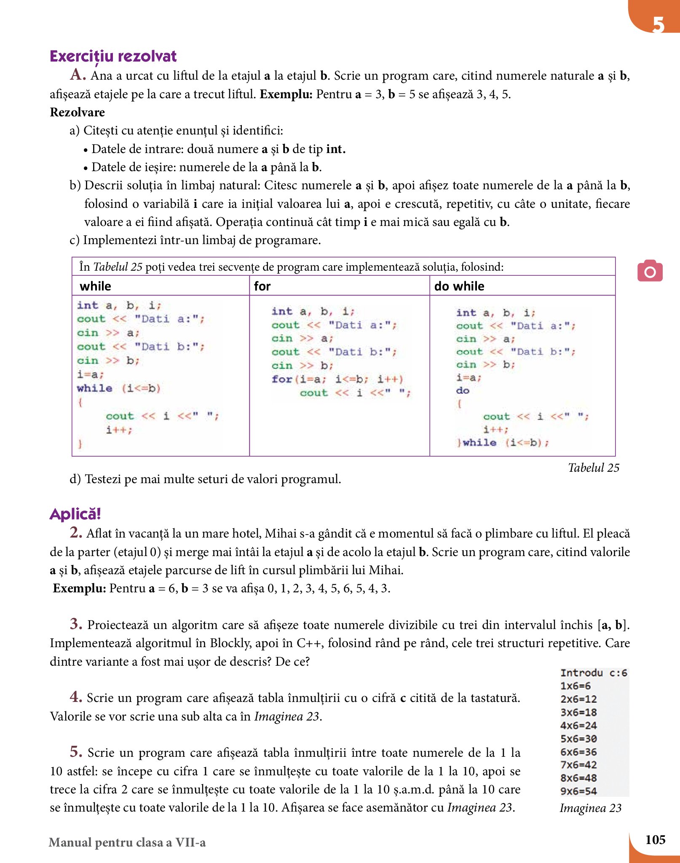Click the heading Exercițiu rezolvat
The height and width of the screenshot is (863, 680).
(x=113, y=56)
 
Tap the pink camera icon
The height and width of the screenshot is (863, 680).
(x=650, y=271)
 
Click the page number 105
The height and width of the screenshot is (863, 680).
(x=655, y=840)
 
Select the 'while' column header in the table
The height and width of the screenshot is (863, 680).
(x=96, y=286)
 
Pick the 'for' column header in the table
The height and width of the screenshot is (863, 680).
(x=262, y=286)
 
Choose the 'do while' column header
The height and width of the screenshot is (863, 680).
(x=459, y=286)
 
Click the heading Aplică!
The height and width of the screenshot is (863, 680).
(x=75, y=514)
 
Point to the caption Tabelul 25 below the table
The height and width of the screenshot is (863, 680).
(x=593, y=468)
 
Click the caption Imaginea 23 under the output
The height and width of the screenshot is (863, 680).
(x=590, y=808)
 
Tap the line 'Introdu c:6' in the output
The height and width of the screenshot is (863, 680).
(x=593, y=673)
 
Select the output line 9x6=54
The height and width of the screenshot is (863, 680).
(x=578, y=791)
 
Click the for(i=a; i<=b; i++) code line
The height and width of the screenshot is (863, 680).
(x=337, y=379)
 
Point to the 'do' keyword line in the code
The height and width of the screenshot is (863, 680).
(x=463, y=391)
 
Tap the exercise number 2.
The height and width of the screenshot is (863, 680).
(x=76, y=533)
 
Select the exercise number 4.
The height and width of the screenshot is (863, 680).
(x=76, y=697)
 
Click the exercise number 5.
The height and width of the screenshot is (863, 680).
(x=76, y=752)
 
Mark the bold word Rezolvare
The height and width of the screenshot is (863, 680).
(x=78, y=112)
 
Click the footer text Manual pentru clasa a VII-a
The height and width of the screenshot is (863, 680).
(x=127, y=842)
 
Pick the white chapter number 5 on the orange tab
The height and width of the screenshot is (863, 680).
(x=658, y=24)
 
